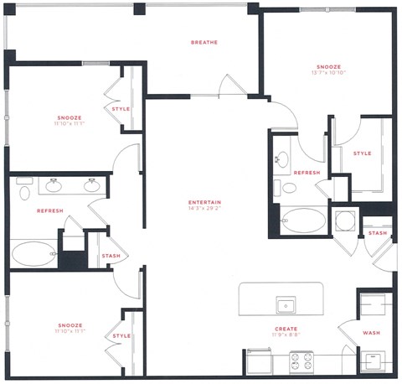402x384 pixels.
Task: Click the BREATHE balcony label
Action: pos(204,43)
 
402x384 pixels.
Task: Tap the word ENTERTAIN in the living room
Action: pos(204,202)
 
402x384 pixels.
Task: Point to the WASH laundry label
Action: pos(371,332)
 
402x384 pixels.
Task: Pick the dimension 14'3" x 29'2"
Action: pos(204,210)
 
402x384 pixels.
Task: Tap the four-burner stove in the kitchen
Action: pos(301,361)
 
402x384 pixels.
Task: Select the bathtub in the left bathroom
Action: pos(33,252)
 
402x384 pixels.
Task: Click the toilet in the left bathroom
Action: pos(23,193)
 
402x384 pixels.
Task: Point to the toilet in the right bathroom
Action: pos(288,188)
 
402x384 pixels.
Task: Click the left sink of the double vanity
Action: pos(55,184)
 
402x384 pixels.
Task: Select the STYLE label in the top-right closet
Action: pos(362,153)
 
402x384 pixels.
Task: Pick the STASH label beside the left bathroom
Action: pos(111,257)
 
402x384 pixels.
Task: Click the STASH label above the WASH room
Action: pos(378,233)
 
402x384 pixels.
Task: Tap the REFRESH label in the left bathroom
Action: pos(50,211)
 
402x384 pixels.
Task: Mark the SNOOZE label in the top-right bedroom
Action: pos(329,66)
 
